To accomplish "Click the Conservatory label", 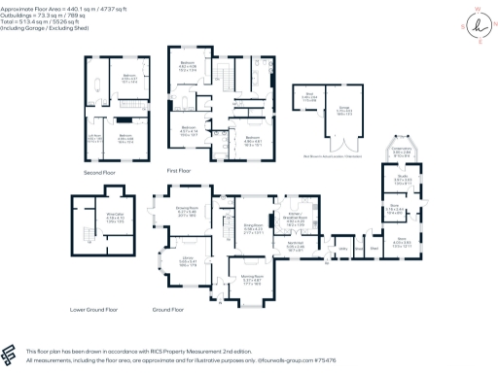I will click(x=403, y=150).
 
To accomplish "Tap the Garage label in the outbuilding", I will click(x=344, y=109).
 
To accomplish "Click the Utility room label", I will click(x=342, y=249).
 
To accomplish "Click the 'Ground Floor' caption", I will click(x=168, y=310).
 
